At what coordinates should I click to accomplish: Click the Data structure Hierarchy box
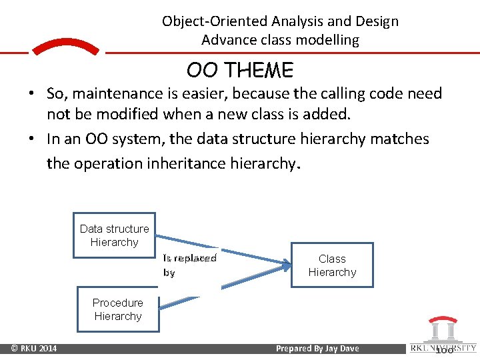point(114,235)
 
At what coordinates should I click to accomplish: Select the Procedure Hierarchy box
point(118,309)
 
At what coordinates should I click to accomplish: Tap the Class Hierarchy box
point(332,265)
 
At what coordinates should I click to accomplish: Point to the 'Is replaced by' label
point(189,265)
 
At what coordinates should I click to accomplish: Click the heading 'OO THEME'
point(239,71)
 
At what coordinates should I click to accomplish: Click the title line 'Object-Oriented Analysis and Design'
point(280,21)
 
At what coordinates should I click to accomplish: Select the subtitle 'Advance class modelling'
point(280,40)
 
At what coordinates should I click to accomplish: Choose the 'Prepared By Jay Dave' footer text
point(317,348)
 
